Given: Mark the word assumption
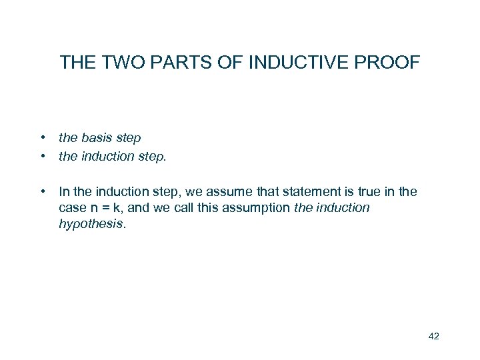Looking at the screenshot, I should [257, 208].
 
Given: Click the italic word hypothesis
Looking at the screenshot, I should [91, 225].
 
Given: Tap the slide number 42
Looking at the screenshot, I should [433, 336].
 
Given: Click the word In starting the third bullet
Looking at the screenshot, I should [65, 192].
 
